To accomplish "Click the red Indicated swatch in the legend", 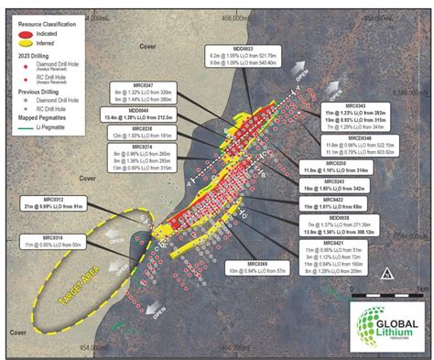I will click(x=19, y=31).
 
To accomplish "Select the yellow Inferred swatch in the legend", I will click(x=19, y=41).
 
